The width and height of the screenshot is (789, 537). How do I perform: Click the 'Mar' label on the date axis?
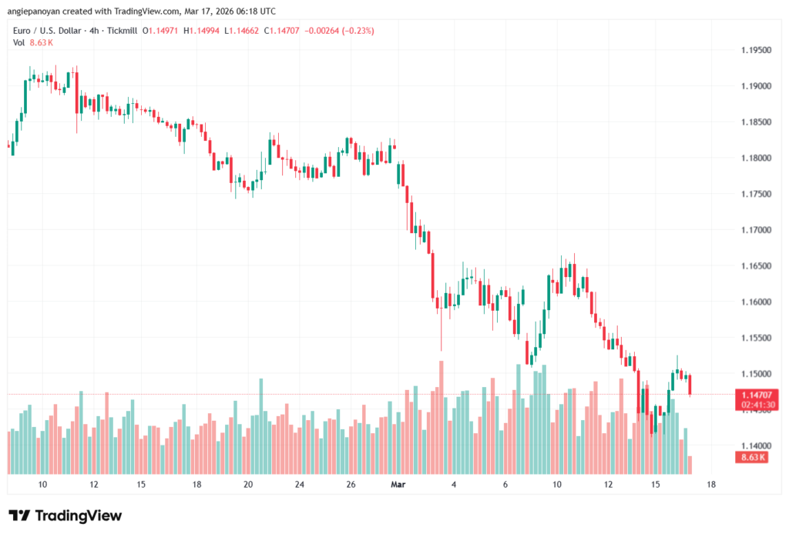tap(398, 484)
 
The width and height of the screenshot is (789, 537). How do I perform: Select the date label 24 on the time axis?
tap(299, 484)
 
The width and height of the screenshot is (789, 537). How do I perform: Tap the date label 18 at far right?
tap(710, 484)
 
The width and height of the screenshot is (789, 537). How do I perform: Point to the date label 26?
tap(351, 484)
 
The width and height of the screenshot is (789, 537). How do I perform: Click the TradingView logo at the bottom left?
tap(65, 515)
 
